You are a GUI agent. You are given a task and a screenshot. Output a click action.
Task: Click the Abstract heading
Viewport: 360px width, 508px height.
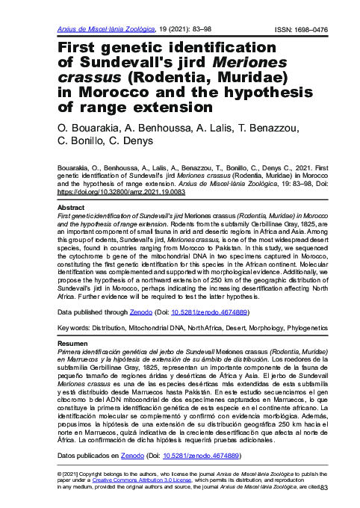point(70,207)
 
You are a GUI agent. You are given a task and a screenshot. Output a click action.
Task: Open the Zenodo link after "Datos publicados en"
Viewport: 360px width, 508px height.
point(132,454)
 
